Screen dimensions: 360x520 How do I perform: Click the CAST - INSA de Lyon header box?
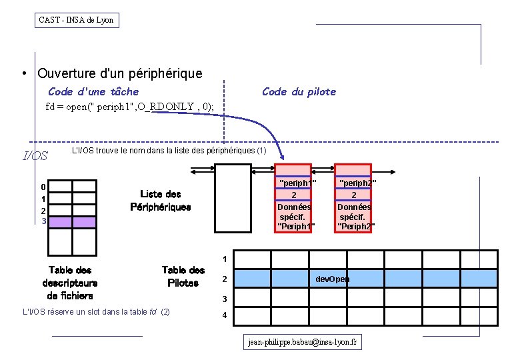pyautogui.click(x=77, y=20)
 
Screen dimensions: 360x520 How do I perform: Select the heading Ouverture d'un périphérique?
pyautogui.click(x=120, y=73)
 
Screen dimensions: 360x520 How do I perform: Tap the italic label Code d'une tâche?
pyautogui.click(x=93, y=91)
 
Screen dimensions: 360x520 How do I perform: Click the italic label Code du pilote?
pyautogui.click(x=299, y=91)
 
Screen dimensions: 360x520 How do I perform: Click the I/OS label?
pyautogui.click(x=35, y=156)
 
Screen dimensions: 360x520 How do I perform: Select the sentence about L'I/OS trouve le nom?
pyautogui.click(x=169, y=151)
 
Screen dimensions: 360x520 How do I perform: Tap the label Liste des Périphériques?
pyautogui.click(x=160, y=200)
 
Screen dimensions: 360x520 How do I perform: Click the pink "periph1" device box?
pyautogui.click(x=295, y=199)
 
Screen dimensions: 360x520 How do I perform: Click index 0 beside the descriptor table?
pyautogui.click(x=43, y=187)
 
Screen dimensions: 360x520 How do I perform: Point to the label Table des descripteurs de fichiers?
pyautogui.click(x=70, y=283)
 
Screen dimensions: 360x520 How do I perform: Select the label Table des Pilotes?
pyautogui.click(x=183, y=277)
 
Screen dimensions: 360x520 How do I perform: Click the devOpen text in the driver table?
pyautogui.click(x=332, y=279)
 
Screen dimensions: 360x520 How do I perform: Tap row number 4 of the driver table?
pyautogui.click(x=225, y=315)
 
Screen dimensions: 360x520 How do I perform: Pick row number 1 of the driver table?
pyautogui.click(x=225, y=259)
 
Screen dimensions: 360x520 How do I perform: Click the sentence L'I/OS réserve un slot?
pyautogui.click(x=96, y=311)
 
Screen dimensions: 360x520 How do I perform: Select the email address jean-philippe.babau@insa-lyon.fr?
pyautogui.click(x=303, y=342)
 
